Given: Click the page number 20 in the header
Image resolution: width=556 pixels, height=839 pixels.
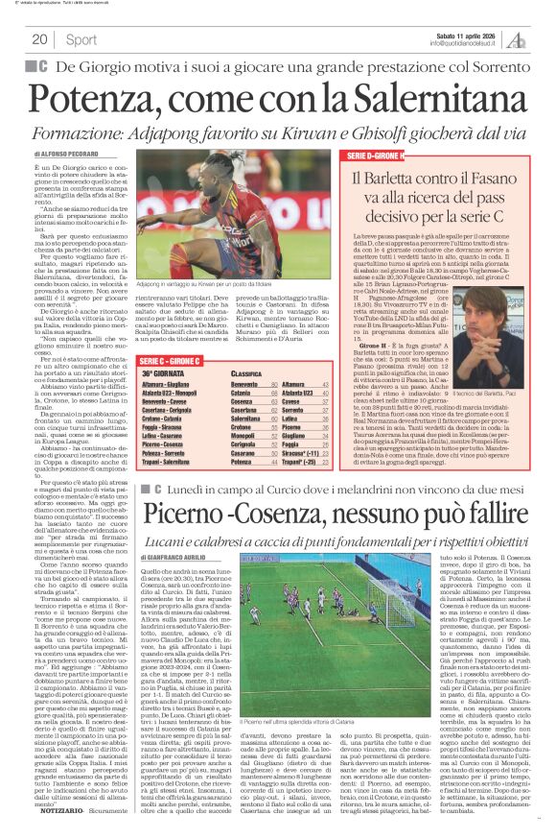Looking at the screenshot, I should tap(40, 39).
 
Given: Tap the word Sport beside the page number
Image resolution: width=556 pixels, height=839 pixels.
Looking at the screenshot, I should tap(81, 39).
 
